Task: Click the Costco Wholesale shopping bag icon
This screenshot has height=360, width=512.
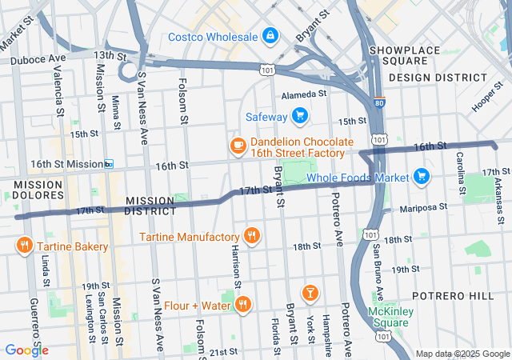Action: click(271, 36)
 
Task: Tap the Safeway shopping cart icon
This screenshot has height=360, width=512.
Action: click(300, 118)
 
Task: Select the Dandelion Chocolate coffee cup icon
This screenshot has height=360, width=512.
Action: click(237, 145)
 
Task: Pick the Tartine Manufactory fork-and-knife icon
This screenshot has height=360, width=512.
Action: click(252, 236)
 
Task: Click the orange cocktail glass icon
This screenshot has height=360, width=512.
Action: click(308, 292)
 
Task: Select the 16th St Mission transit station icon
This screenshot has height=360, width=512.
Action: click(108, 164)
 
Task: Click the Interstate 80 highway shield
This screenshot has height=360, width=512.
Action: click(378, 103)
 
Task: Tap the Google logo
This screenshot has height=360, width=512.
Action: click(26, 350)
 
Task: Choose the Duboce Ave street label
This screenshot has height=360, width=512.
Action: click(37, 59)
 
